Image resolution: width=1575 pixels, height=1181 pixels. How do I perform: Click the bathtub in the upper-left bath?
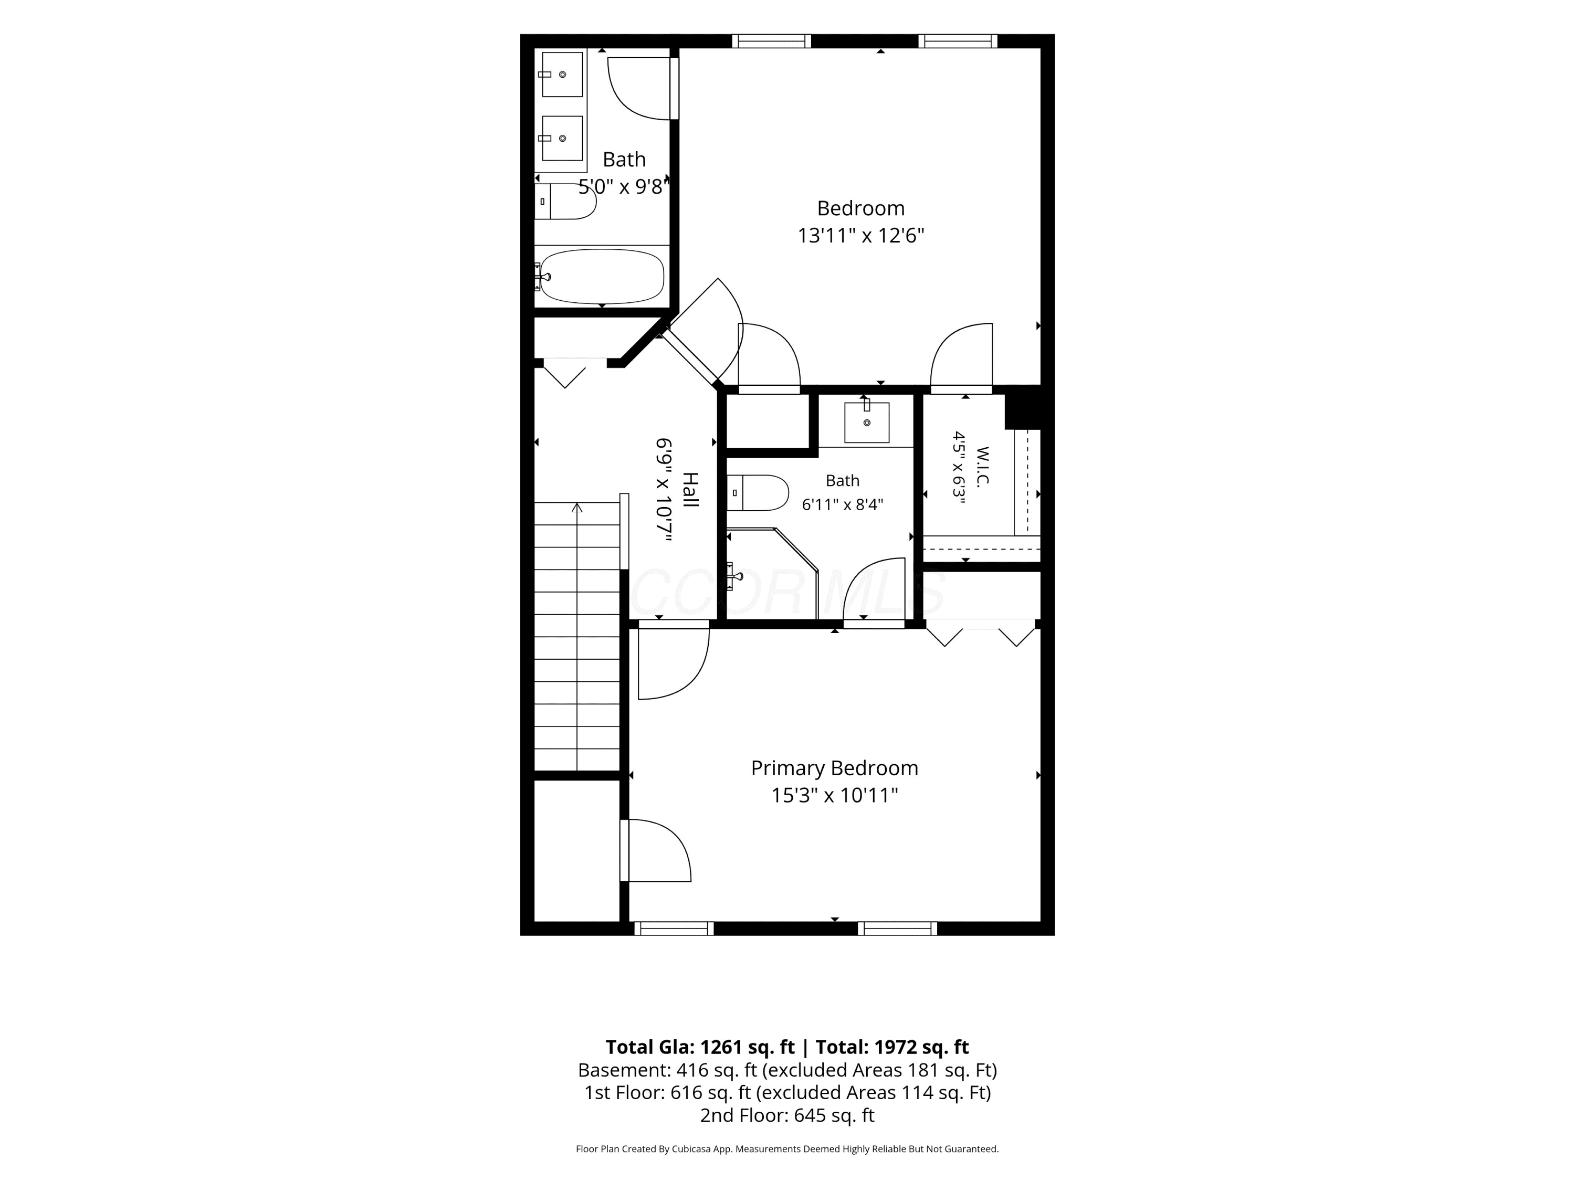pos(602,276)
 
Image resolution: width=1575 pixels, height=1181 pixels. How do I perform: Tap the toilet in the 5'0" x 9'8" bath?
pos(565,202)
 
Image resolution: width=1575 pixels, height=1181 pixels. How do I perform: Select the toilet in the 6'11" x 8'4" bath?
pos(758,493)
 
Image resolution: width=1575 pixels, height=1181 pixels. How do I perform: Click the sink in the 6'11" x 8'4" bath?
pos(867,422)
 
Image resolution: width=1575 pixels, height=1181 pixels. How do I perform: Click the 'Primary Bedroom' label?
pos(835,768)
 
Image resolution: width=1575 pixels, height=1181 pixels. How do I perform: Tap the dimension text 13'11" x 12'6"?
pos(861,236)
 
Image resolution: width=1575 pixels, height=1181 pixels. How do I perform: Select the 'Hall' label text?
pos(690,490)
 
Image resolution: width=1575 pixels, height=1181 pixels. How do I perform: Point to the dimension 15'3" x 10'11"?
pos(835,795)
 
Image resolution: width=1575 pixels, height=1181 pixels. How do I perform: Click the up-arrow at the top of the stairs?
pos(577,508)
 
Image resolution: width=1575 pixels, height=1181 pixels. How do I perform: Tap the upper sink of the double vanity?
pos(562,74)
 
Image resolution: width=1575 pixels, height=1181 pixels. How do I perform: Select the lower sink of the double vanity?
pos(562,138)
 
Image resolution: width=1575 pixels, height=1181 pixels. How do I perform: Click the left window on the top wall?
pos(772,41)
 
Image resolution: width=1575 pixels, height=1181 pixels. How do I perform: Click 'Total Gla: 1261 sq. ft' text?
pos(700,1047)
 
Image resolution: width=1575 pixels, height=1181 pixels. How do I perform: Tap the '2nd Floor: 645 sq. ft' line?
pos(787,1115)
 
